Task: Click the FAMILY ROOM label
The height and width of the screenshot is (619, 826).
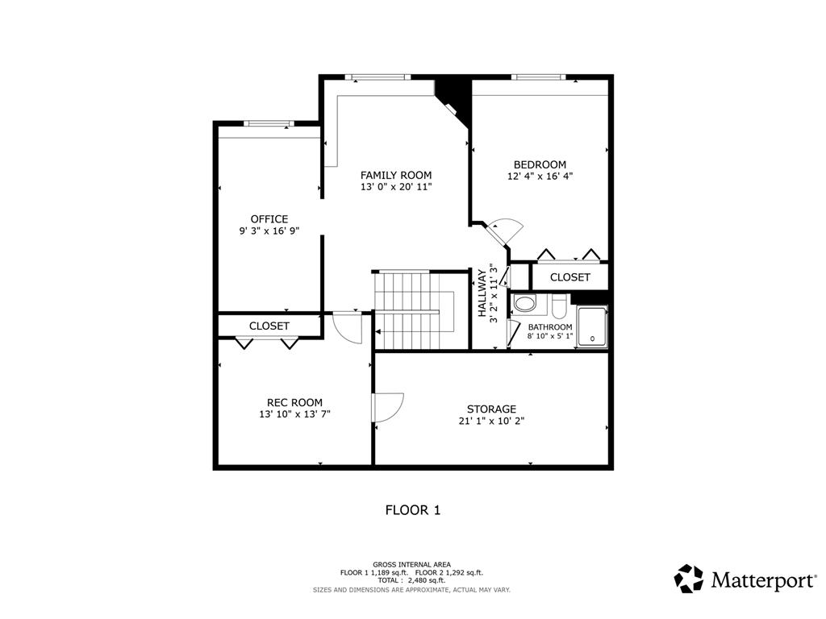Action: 395,175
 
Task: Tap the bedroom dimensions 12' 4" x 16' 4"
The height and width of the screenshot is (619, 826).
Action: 540,176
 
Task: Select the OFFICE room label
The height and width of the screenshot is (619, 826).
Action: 269,218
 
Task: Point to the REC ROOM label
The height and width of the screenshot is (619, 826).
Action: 294,402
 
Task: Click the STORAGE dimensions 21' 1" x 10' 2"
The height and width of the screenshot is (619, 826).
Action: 491,420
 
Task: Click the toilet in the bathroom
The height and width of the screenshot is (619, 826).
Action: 559,308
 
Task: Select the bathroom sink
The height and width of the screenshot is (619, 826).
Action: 524,304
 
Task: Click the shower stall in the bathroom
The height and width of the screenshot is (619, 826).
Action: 592,326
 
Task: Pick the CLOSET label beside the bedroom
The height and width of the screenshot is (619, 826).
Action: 569,276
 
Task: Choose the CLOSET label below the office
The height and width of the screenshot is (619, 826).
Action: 269,326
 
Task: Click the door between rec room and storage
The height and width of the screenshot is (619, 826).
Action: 388,407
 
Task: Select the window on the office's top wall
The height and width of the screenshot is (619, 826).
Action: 267,123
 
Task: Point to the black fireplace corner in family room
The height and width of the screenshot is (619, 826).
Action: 451,93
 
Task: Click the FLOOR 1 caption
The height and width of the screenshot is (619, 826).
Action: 412,509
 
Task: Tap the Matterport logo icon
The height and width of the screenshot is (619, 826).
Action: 689,579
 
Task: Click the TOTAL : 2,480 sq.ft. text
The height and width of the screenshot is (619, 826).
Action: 411,580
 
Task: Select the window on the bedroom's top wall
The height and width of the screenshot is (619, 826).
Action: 538,77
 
